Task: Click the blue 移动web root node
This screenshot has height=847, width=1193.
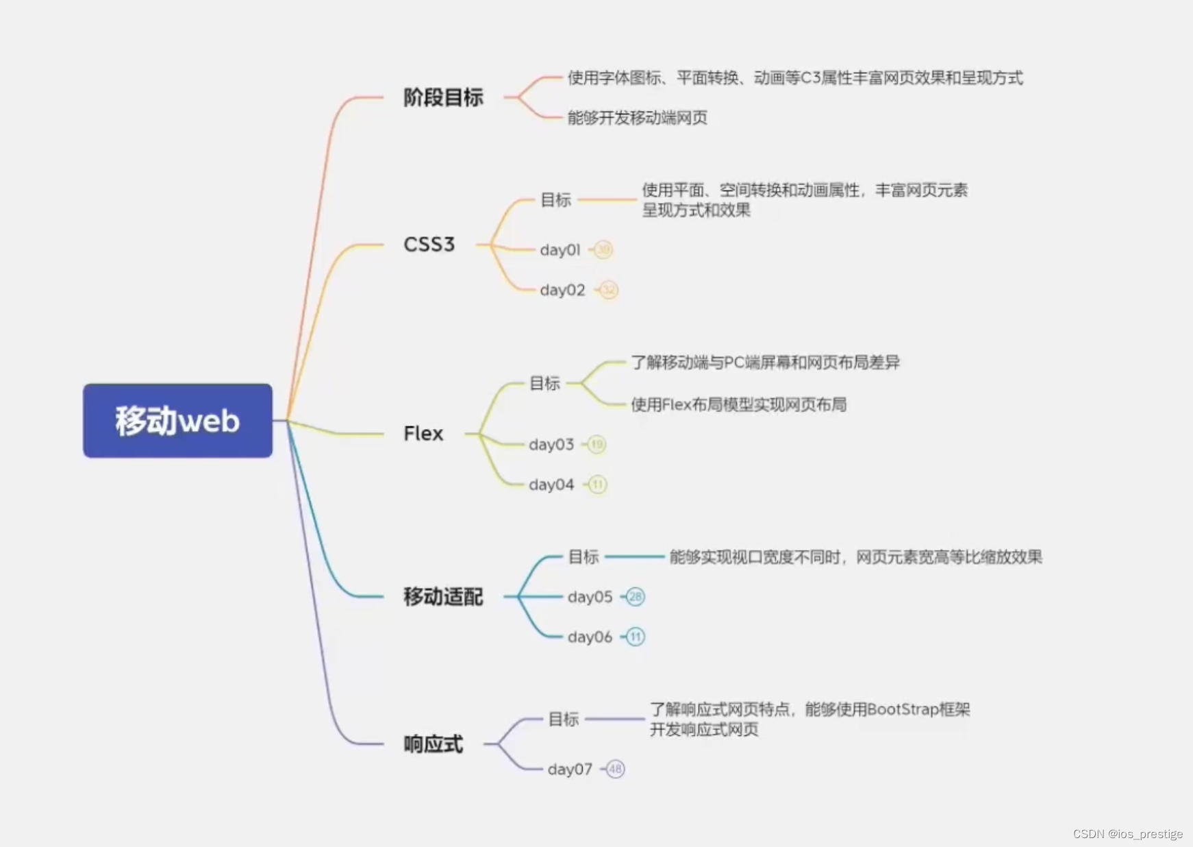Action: [x=177, y=420]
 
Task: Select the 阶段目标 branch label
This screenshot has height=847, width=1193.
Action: [x=443, y=98]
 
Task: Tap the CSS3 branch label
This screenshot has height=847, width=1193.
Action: [x=429, y=245]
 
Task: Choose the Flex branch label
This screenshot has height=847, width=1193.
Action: [x=423, y=434]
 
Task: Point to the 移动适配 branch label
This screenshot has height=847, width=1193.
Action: [x=443, y=597]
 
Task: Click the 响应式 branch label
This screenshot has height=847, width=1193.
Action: [x=433, y=744]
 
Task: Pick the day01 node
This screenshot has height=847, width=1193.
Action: [x=560, y=250]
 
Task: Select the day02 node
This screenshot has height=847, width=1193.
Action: [x=562, y=290]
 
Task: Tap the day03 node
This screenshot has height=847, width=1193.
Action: [x=551, y=445]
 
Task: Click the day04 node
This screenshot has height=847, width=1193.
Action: [x=551, y=485]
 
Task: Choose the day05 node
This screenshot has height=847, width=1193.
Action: [x=590, y=597]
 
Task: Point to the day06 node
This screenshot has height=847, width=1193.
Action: [x=590, y=637]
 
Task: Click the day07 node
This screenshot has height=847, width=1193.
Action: [x=570, y=770]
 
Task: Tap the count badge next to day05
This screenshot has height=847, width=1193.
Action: [x=636, y=597]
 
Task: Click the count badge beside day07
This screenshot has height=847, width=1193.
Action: [x=615, y=769]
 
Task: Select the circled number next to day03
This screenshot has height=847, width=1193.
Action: [x=597, y=445]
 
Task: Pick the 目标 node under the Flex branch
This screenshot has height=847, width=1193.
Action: [x=545, y=384]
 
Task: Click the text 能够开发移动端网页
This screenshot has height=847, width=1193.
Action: [x=637, y=118]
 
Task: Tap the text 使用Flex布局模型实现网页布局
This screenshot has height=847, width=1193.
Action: [x=738, y=405]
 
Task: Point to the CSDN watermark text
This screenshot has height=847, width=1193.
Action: [x=1127, y=834]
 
